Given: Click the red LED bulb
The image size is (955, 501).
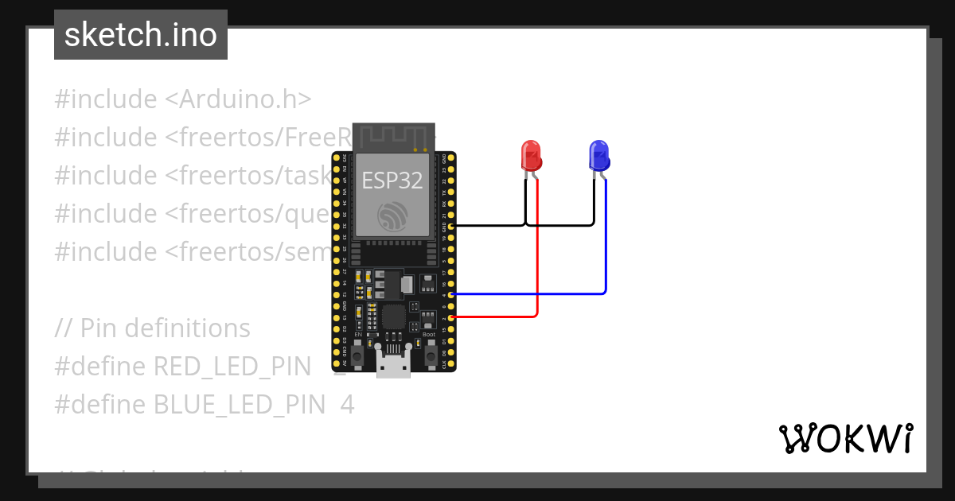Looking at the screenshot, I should (531, 155).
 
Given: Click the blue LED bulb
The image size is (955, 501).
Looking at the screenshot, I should (599, 155).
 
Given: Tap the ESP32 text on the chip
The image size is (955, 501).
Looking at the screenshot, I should (392, 181).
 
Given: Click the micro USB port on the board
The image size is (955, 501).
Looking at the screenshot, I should (394, 367).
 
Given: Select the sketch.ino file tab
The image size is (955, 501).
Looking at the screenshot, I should (141, 35).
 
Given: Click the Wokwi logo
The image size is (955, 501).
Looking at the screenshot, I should (845, 438).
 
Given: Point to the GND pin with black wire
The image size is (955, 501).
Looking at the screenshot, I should (452, 226).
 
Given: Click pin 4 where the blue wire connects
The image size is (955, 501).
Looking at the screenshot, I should (452, 294).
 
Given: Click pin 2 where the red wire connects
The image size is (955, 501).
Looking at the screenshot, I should (452, 317).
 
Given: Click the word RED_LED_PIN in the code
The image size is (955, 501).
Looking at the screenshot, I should (232, 367).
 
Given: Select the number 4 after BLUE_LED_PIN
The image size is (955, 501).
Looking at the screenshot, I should (347, 405).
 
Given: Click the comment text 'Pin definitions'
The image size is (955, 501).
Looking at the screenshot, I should (166, 328).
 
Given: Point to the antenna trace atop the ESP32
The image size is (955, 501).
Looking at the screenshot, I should (393, 136).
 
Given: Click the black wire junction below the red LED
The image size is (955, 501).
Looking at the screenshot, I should (526, 225).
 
